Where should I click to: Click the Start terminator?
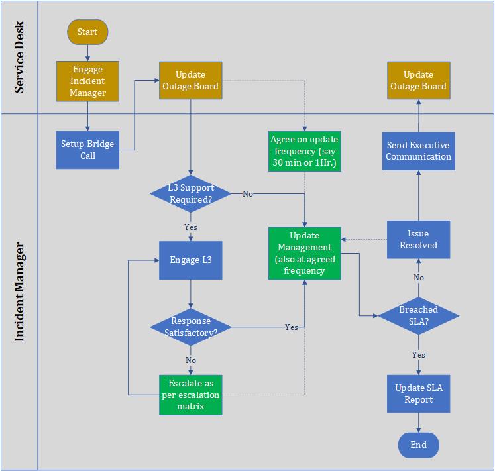(x=87, y=32)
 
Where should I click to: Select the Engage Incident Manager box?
(x=87, y=81)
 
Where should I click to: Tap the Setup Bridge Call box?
(x=87, y=150)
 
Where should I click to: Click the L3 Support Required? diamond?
(x=191, y=193)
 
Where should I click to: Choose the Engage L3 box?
(x=191, y=260)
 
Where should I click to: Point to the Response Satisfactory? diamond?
(x=191, y=327)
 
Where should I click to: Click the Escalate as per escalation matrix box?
(x=191, y=395)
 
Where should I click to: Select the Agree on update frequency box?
(x=304, y=151)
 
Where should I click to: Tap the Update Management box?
(x=304, y=252)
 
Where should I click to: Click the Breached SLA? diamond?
(x=418, y=316)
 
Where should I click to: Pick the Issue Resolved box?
(x=418, y=239)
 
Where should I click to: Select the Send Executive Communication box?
(x=418, y=151)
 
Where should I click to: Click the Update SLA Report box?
(x=418, y=393)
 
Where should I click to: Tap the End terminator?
(x=418, y=445)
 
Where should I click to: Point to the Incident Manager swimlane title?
(x=19, y=291)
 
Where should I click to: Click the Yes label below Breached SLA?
(x=418, y=355)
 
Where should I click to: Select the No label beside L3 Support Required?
(x=247, y=193)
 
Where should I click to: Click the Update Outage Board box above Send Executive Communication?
(x=418, y=81)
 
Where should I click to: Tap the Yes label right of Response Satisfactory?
(x=291, y=327)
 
